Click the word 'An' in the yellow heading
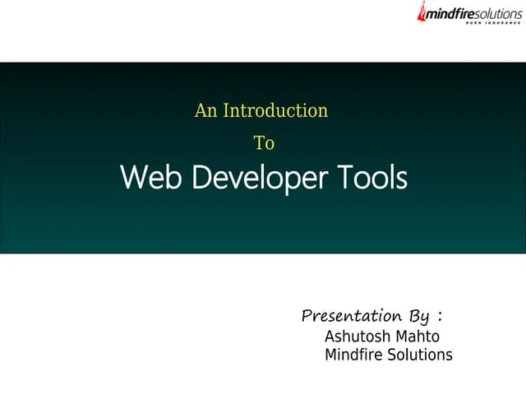click(x=205, y=110)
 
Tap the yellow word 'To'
click(x=263, y=143)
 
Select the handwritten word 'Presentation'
click(x=352, y=316)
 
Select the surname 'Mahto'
click(x=417, y=337)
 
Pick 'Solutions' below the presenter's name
click(x=418, y=355)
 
